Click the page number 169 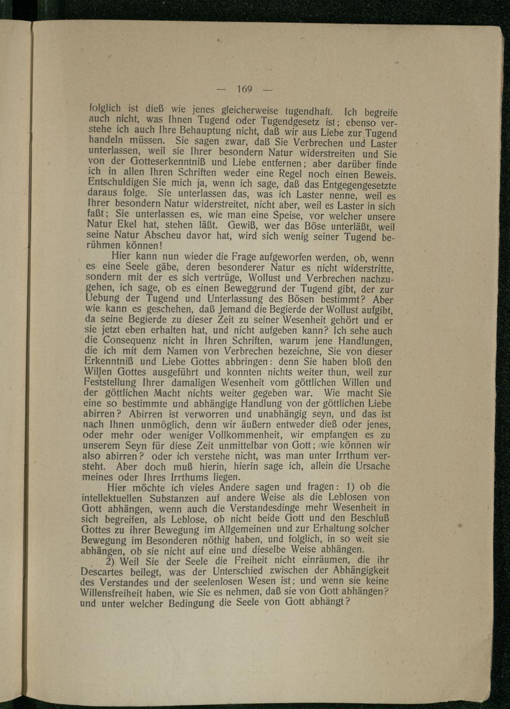[x=245, y=89]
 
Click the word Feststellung [x=110, y=382]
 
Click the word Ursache [x=367, y=466]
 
